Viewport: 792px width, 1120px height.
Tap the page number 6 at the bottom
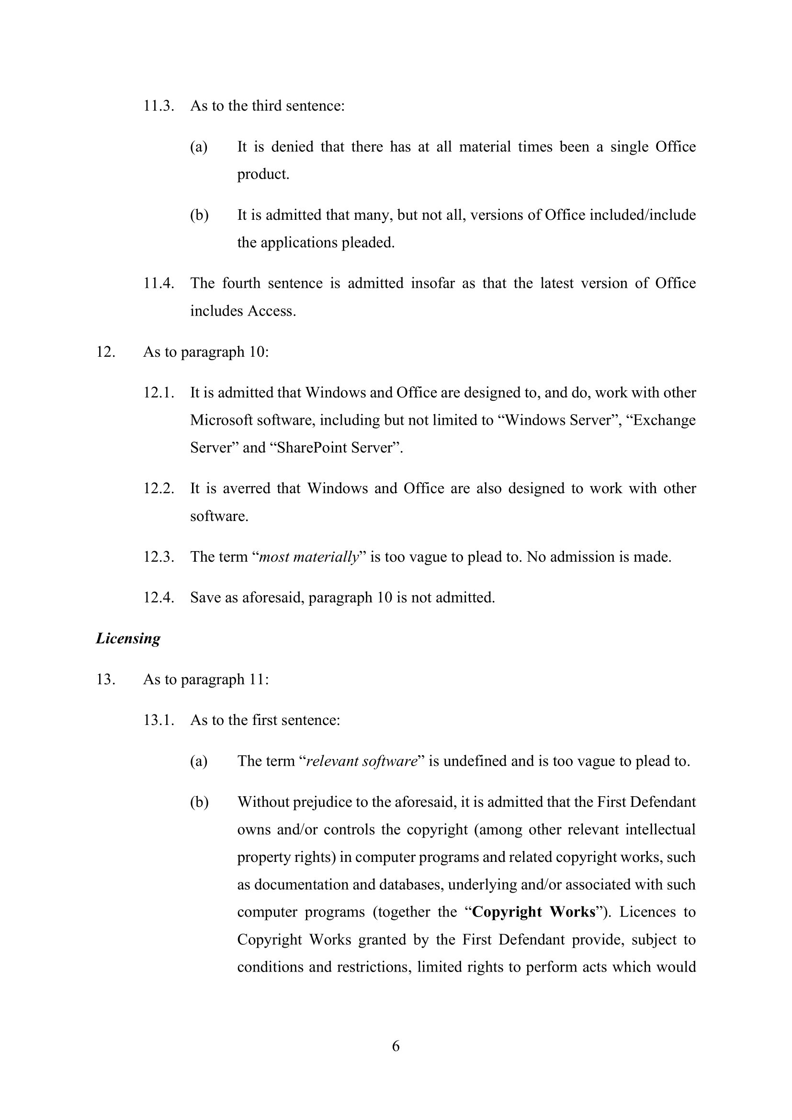(396, 1046)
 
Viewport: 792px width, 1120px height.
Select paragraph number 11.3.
(158, 105)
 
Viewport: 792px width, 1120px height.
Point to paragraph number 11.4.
(158, 283)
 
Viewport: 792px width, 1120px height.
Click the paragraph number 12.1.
(158, 392)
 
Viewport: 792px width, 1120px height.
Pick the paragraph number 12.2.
(158, 488)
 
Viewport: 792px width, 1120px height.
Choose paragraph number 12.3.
(158, 556)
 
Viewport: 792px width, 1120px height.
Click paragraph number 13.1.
(158, 720)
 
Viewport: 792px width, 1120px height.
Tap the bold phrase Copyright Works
(534, 912)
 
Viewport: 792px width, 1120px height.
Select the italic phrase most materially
(309, 556)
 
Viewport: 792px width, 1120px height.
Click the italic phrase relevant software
(362, 761)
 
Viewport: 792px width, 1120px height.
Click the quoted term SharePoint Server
(336, 447)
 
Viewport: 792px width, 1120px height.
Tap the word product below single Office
(262, 174)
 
